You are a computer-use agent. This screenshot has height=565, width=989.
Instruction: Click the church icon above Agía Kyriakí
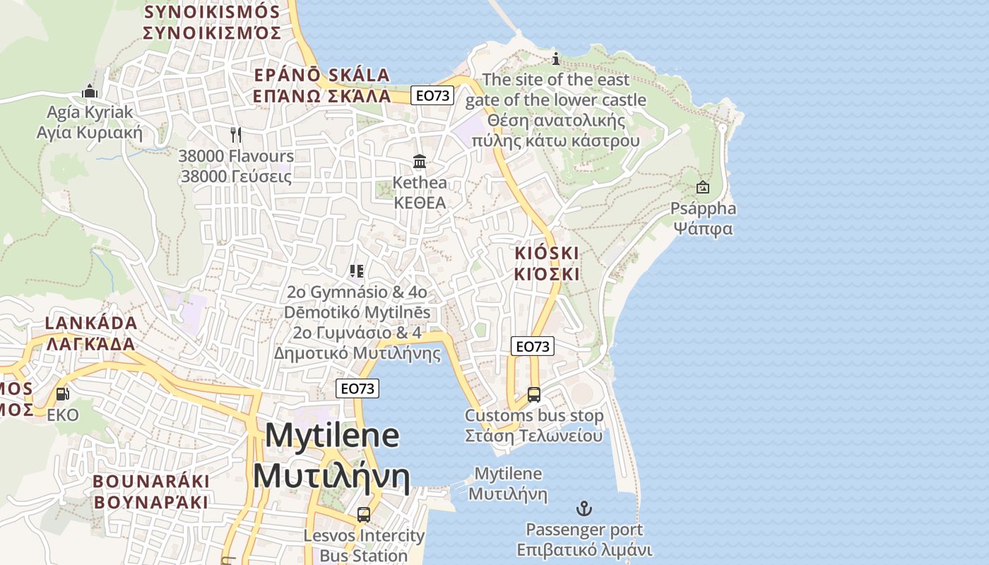90,91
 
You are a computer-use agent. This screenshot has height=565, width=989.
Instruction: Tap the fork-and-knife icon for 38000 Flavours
236,133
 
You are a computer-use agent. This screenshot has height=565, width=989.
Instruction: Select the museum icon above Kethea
420,162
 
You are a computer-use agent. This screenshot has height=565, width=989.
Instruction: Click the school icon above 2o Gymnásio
357,270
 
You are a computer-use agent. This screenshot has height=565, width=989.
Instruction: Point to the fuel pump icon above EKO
62,394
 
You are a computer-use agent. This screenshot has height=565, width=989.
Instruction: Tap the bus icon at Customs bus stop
534,395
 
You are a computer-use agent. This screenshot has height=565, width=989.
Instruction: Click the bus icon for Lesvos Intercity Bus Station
364,514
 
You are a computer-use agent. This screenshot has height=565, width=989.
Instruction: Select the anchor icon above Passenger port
584,509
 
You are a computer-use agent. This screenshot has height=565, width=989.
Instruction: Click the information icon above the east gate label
556,59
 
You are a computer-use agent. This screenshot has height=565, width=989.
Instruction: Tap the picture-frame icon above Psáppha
703,187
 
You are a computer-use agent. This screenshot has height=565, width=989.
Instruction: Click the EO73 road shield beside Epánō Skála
432,95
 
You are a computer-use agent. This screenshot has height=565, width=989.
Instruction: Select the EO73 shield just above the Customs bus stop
533,346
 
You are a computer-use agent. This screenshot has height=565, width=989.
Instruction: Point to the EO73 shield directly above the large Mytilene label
357,388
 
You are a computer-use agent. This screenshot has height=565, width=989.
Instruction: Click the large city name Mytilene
332,436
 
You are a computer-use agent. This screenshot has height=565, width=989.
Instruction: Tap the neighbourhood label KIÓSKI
546,253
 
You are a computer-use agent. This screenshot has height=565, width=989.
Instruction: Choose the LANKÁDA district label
91,323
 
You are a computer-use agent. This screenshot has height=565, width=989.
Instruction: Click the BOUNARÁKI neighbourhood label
151,482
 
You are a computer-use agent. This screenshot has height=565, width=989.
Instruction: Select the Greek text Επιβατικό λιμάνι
584,550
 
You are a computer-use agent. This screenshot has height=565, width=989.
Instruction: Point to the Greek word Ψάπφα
703,229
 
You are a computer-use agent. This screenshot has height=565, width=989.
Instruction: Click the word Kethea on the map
420,183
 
